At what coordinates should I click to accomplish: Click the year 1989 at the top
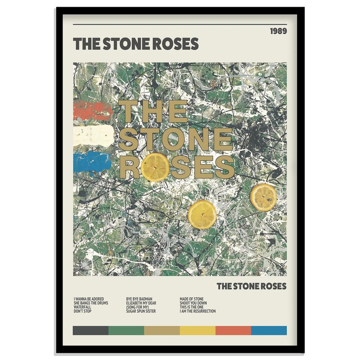[278, 31]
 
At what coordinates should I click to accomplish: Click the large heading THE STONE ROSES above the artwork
[135, 44]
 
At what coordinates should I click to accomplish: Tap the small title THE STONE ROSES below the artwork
[251, 286]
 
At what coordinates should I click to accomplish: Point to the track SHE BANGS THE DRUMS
[90, 303]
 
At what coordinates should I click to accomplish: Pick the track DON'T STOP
[82, 311]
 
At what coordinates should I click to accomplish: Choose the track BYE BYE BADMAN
[139, 299]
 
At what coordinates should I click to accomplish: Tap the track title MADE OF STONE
[191, 299]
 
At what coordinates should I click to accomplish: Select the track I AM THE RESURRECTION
[198, 311]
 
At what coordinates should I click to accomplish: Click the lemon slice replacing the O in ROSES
[156, 166]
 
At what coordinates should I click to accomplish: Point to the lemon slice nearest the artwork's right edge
[264, 197]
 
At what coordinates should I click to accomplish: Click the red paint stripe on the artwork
[92, 111]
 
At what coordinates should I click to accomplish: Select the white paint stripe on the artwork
[93, 135]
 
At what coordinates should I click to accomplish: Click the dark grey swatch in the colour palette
[90, 330]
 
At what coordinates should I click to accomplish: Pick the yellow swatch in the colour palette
[198, 330]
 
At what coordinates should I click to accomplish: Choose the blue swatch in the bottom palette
[269, 330]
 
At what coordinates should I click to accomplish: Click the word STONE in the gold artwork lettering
[175, 139]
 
